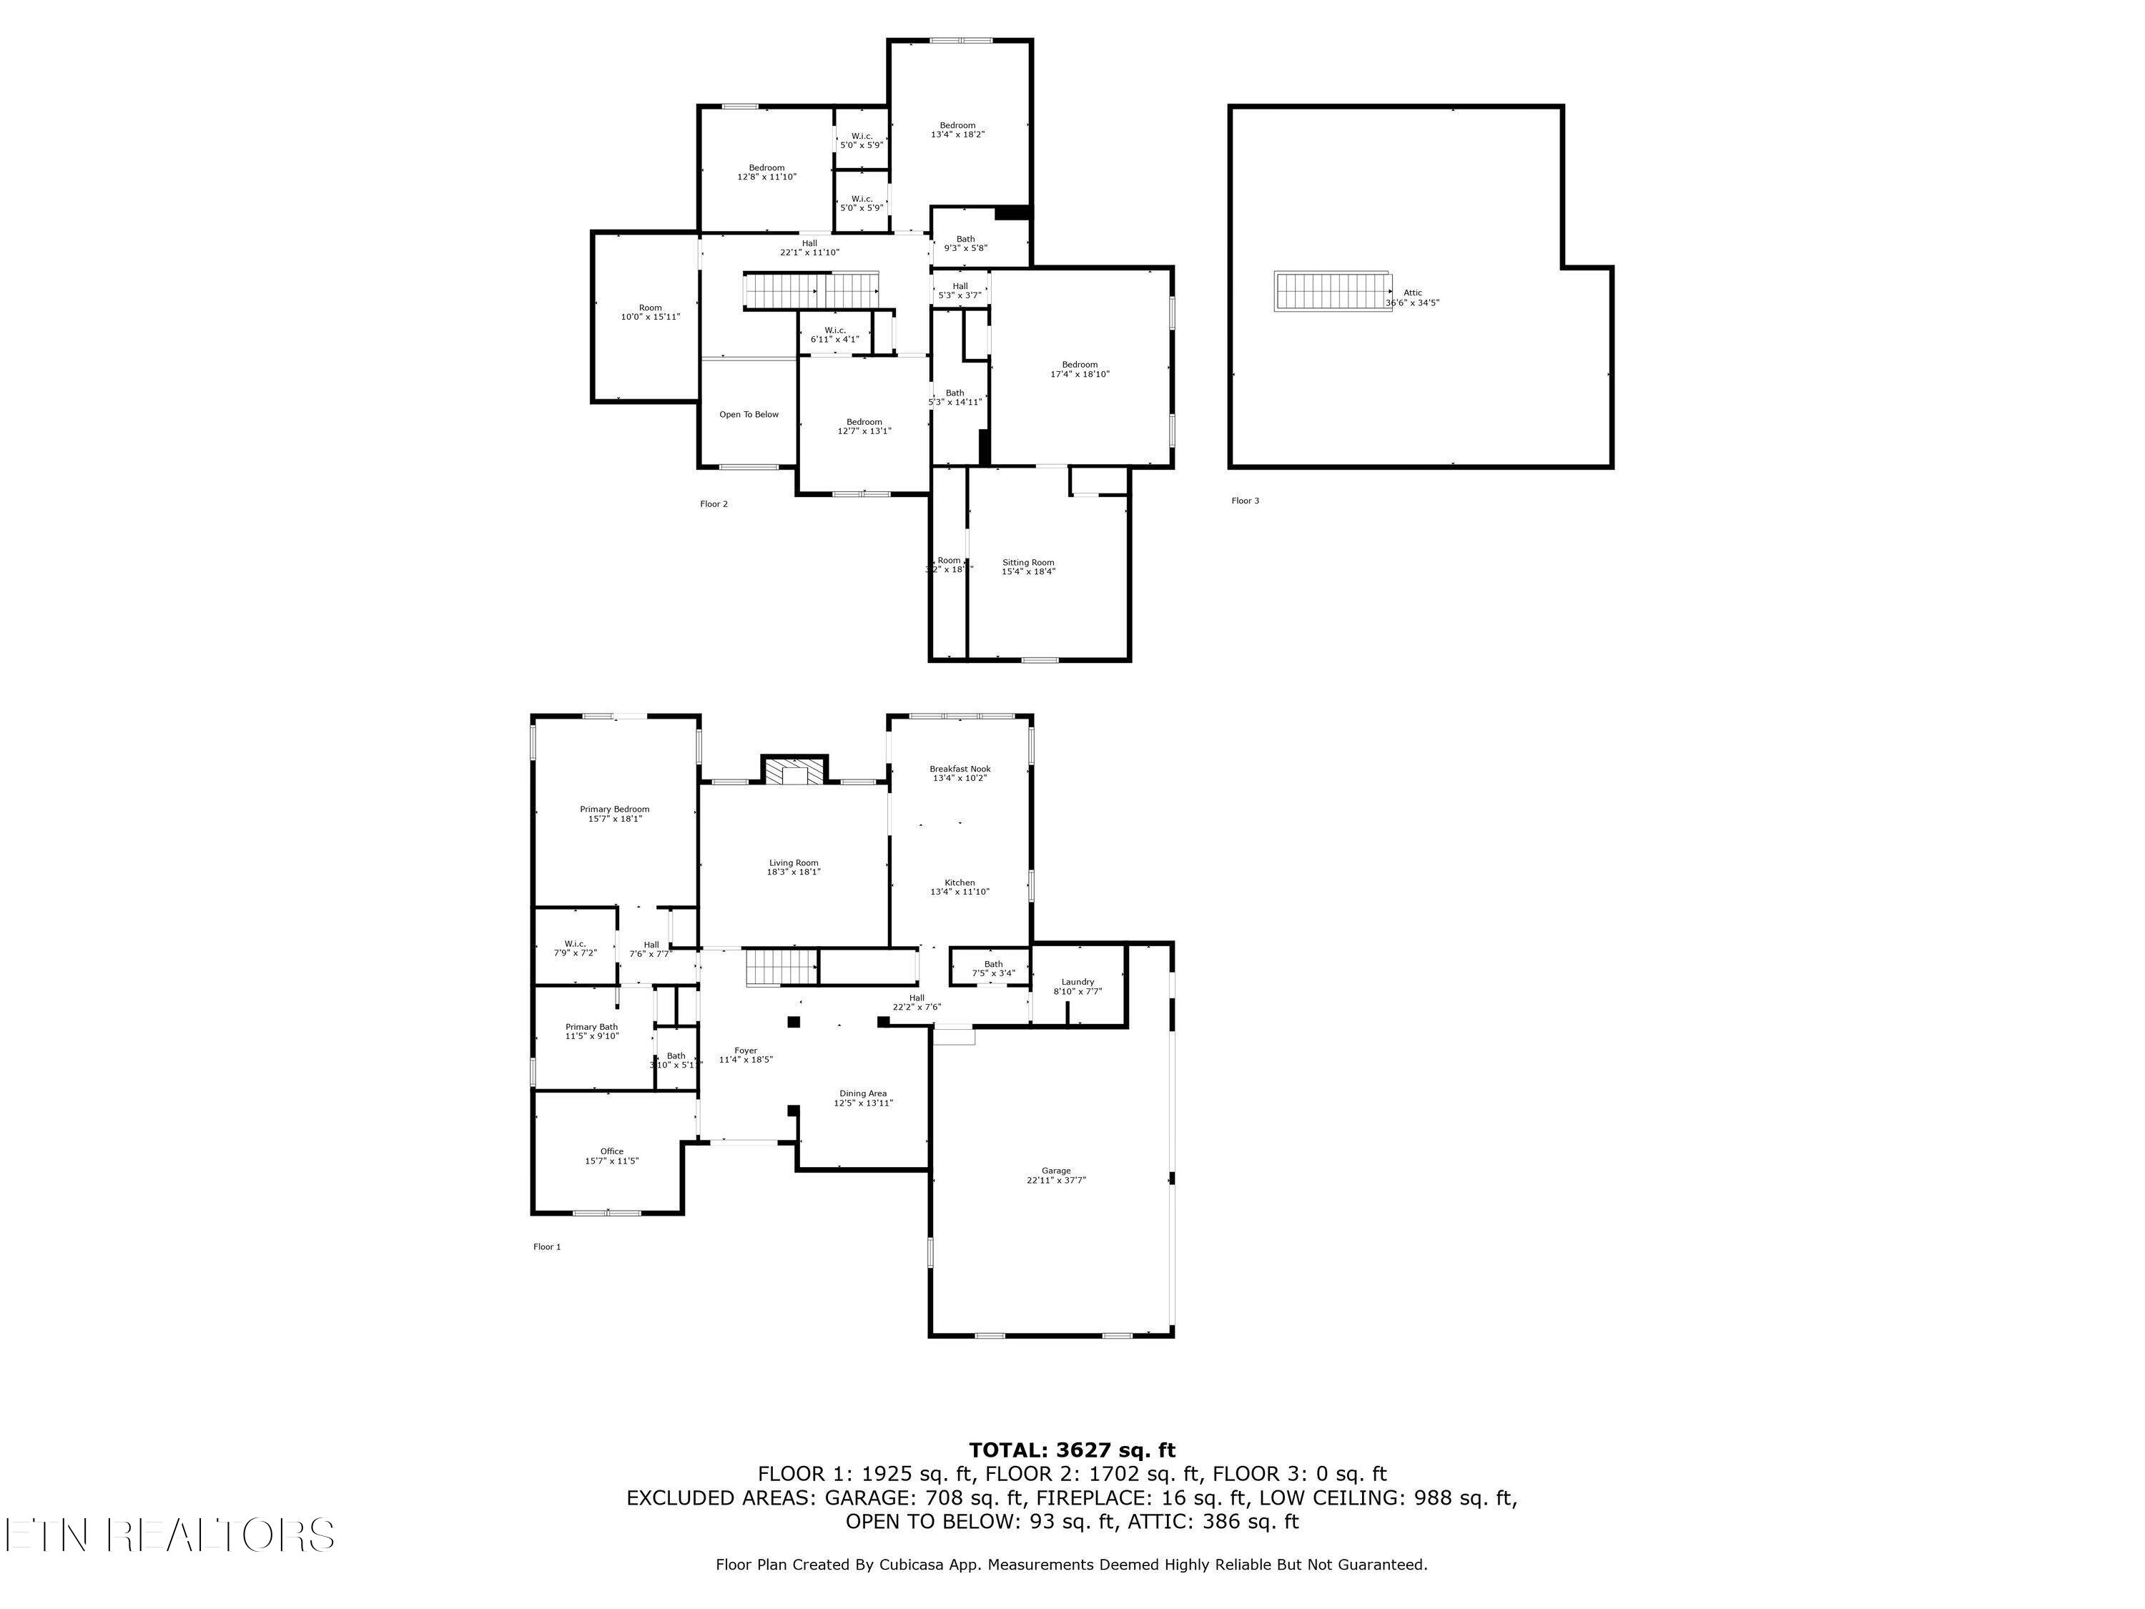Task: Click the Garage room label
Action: (1056, 1171)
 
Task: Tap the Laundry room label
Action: (1078, 982)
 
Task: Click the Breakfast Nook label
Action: (960, 769)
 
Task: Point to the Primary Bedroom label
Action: (615, 809)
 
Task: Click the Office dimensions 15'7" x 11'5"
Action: (612, 1161)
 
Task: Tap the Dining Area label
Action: (863, 1093)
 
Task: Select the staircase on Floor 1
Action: (781, 968)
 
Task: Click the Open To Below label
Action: (749, 414)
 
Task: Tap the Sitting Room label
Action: (1028, 563)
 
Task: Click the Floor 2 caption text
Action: (714, 503)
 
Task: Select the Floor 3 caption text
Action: (1245, 501)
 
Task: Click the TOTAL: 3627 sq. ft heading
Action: (1072, 1450)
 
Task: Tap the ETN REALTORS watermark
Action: (169, 1535)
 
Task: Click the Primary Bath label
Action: (591, 1027)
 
